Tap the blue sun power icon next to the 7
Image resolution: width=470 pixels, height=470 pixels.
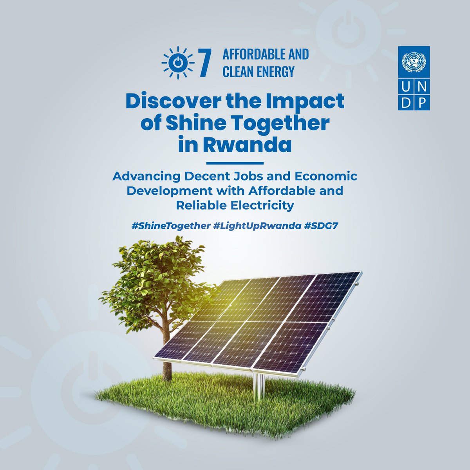pos(178,63)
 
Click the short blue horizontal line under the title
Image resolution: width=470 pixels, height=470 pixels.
pos(235,163)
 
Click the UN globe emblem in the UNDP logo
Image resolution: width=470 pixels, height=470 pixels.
pos(414,62)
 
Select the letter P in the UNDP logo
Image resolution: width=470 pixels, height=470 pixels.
pos(422,102)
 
